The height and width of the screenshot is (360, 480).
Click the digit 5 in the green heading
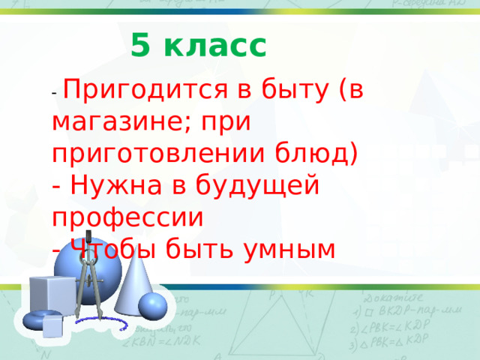[x=139, y=46]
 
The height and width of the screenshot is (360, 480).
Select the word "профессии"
[x=127, y=216]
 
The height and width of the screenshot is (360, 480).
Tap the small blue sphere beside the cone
[x=153, y=305]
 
